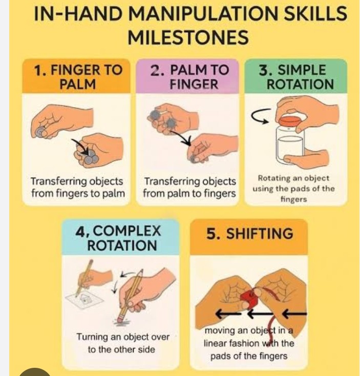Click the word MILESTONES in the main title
pyautogui.click(x=188, y=37)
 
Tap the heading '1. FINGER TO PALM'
pyautogui.click(x=78, y=77)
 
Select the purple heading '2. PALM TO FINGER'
pyautogui.click(x=189, y=77)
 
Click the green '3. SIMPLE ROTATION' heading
pyautogui.click(x=297, y=77)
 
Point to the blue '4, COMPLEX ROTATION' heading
pyautogui.click(x=118, y=238)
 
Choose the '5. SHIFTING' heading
pyautogui.click(x=250, y=234)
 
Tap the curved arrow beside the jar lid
pyautogui.click(x=261, y=116)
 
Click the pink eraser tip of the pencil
pyautogui.click(x=120, y=319)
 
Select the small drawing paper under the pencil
pyautogui.click(x=84, y=300)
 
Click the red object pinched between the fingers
pyautogui.click(x=249, y=298)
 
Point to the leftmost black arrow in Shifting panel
pyautogui.click(x=228, y=314)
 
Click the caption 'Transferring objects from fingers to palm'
pyautogui.click(x=78, y=187)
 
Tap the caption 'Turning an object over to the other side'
pyautogui.click(x=123, y=343)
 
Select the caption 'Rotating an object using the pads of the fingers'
pyautogui.click(x=293, y=189)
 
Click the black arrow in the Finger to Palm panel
pyautogui.click(x=80, y=147)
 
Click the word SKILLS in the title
pyautogui.click(x=315, y=13)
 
